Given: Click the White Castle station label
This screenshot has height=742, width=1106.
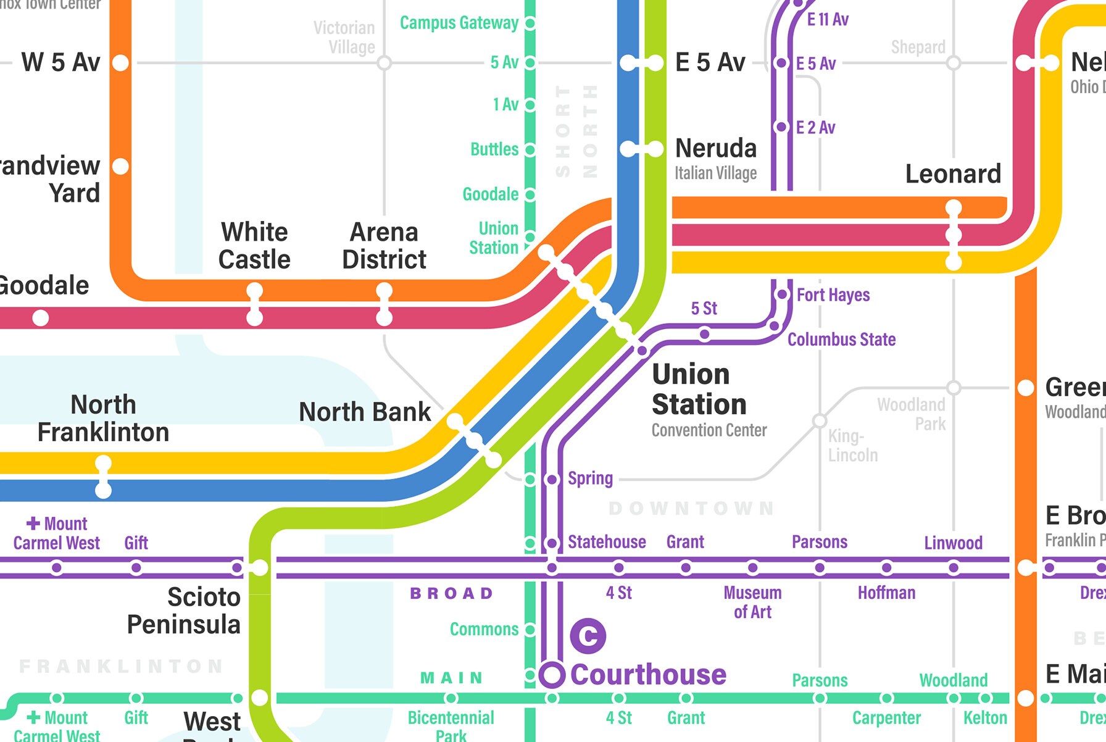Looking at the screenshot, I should click(254, 246).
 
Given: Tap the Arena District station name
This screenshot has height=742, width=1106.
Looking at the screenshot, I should click(384, 246).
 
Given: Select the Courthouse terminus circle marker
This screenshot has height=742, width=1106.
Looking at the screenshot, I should click(552, 675).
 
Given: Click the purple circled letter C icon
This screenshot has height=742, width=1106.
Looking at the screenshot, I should click(588, 636).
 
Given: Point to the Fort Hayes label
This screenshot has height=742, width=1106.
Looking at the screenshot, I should click(833, 295).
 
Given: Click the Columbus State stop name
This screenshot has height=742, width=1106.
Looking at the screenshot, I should click(841, 340).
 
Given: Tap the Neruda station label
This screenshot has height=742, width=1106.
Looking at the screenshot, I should click(716, 149).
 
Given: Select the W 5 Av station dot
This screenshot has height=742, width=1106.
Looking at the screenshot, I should click(121, 62).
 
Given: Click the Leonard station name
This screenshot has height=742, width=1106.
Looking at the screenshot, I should click(952, 174).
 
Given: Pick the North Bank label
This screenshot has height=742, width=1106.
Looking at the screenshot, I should click(365, 412).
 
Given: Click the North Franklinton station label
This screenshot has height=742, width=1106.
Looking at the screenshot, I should click(103, 419).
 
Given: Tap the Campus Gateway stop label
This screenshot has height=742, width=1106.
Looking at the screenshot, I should click(459, 23).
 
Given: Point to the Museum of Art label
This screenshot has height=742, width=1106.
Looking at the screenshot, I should click(752, 602).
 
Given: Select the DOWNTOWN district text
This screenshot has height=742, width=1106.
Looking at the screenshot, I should click(691, 508).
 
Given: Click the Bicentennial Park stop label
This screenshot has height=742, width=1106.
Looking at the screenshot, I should click(451, 726).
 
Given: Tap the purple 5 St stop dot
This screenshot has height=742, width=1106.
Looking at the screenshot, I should click(704, 335).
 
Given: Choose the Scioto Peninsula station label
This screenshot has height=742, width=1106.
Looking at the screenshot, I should click(184, 611).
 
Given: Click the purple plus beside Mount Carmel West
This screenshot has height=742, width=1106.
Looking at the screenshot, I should click(33, 523).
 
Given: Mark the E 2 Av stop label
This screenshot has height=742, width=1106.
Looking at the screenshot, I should click(815, 128).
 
